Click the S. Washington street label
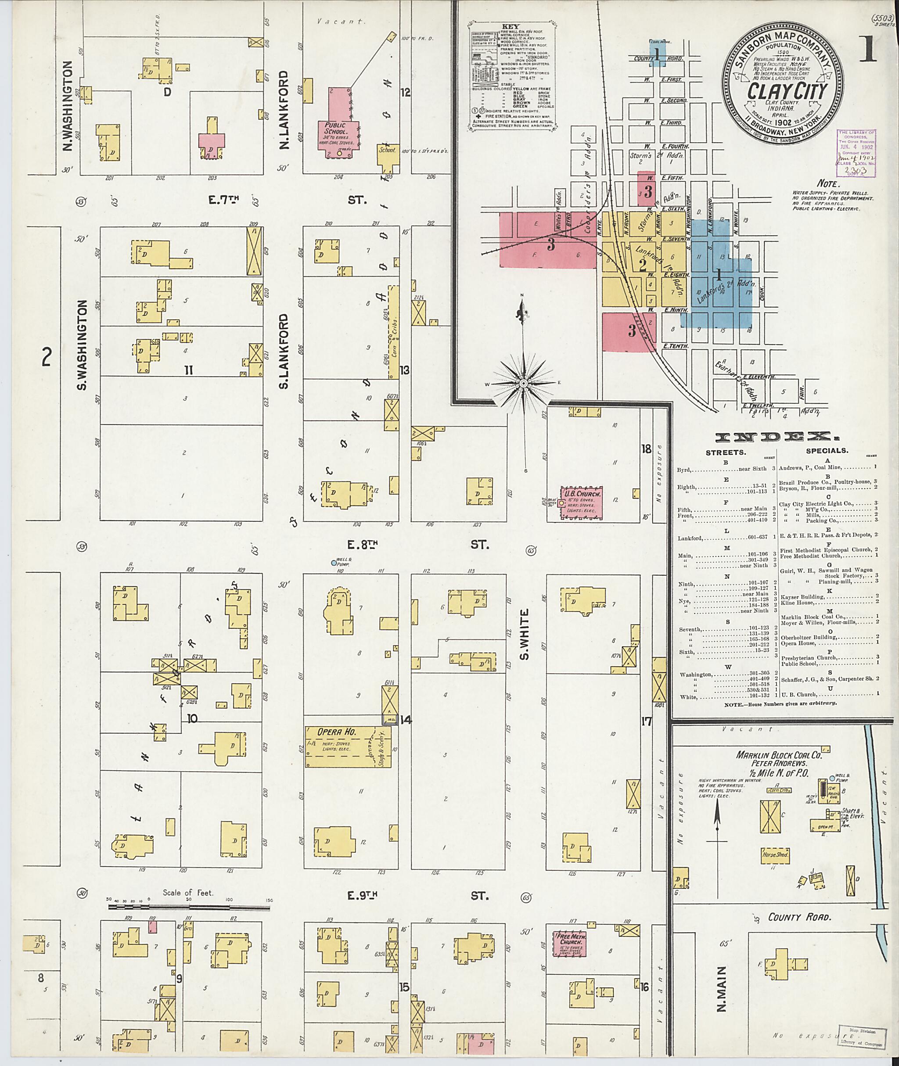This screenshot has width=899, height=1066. (82, 345)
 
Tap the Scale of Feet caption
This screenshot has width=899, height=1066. (188, 892)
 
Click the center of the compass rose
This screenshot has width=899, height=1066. (523, 382)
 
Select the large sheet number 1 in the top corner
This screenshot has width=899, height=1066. (868, 50)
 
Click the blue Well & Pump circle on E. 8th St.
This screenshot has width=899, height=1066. (333, 563)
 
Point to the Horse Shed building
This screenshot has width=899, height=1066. (775, 854)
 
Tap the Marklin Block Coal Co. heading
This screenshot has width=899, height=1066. (778, 756)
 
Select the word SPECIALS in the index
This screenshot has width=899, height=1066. (827, 450)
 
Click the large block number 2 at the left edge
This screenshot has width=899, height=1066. (47, 357)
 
